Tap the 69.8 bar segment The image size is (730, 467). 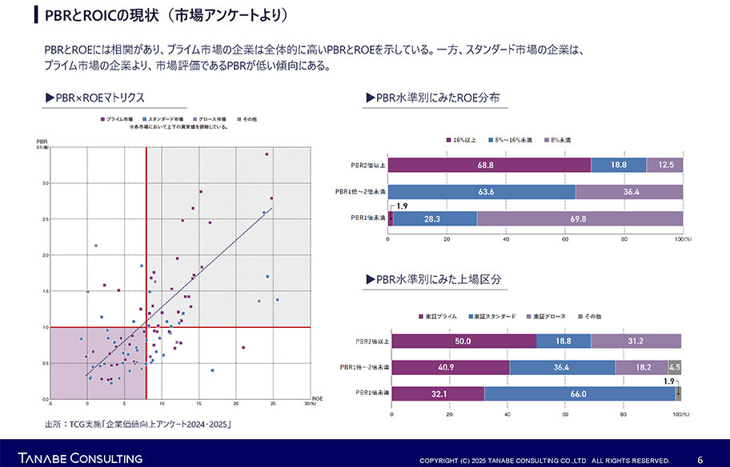pyautogui.click(x=580, y=218)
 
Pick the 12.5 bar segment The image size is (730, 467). pyautogui.click(x=665, y=166)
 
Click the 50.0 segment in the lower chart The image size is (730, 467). pyautogui.click(x=463, y=341)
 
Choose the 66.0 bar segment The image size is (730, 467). pyautogui.click(x=579, y=393)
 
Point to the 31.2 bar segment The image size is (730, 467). pyautogui.click(x=636, y=341)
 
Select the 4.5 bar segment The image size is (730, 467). pyautogui.click(x=674, y=368)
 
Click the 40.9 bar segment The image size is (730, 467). pyautogui.click(x=451, y=368)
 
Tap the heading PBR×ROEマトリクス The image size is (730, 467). pyautogui.click(x=96, y=98)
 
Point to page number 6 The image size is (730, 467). pyautogui.click(x=700, y=460)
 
